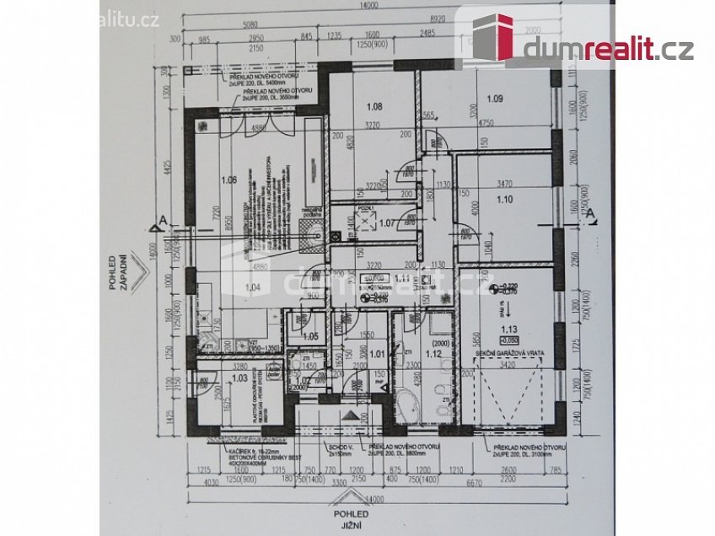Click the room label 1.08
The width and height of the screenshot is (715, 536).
pos(375,107)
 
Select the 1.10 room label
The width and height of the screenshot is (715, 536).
pos(505,200)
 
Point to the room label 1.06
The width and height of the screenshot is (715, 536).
pos(228,180)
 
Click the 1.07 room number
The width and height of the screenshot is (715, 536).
pos(387,223)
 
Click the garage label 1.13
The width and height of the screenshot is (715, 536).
pos(508,330)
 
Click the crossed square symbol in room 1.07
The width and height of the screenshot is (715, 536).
pos(367,222)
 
